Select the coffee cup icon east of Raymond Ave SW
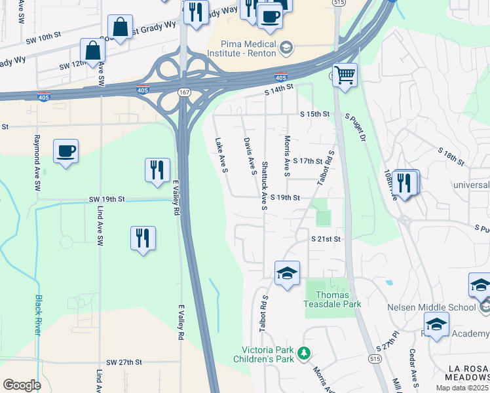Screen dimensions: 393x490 (66, 151)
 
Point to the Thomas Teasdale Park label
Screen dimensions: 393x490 (333, 299)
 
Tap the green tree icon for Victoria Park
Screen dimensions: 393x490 (303, 354)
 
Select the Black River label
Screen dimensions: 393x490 (38, 315)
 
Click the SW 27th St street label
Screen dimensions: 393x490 (123, 362)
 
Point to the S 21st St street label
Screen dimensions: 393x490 (326, 240)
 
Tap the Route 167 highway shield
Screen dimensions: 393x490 (185, 93)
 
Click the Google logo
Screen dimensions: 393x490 (22, 385)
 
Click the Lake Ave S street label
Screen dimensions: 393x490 (221, 155)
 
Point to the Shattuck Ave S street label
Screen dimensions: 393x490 (264, 186)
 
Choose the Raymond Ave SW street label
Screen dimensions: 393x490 (37, 164)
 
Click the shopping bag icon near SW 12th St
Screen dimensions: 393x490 (93, 51)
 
